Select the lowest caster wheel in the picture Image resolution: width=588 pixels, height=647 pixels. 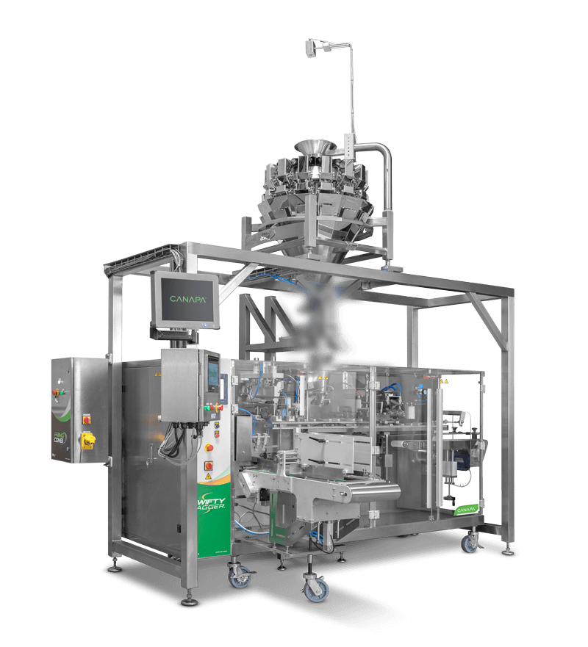pos(316,592)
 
